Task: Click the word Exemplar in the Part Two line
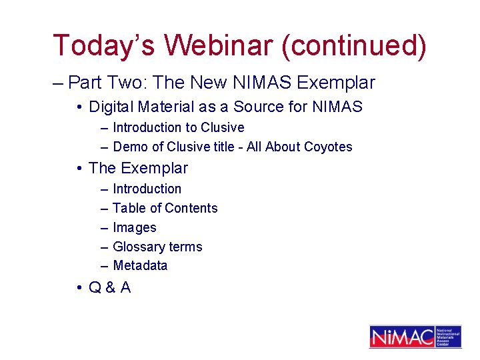pos(336,83)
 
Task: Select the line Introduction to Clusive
pos(178,127)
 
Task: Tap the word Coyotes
pos(327,147)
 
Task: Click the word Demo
pos(129,147)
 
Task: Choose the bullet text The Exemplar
pos(138,168)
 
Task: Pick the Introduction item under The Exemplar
pos(147,189)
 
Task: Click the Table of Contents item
pos(165,209)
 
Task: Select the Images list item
pos(134,228)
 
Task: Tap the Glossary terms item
pos(157,247)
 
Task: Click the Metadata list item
pos(140,266)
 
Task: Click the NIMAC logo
pos(415,337)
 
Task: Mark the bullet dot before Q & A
pos(79,288)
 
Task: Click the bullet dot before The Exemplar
pos(79,169)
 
